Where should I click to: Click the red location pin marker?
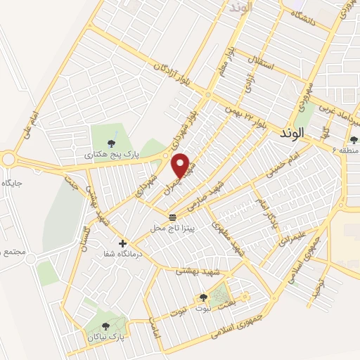(x=182, y=165)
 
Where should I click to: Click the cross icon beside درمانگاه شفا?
(x=123, y=243)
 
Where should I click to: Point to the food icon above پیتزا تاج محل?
(x=173, y=216)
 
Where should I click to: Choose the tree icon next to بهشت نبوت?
(x=204, y=297)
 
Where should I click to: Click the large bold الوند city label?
(x=290, y=132)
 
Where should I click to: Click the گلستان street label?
(x=87, y=237)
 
